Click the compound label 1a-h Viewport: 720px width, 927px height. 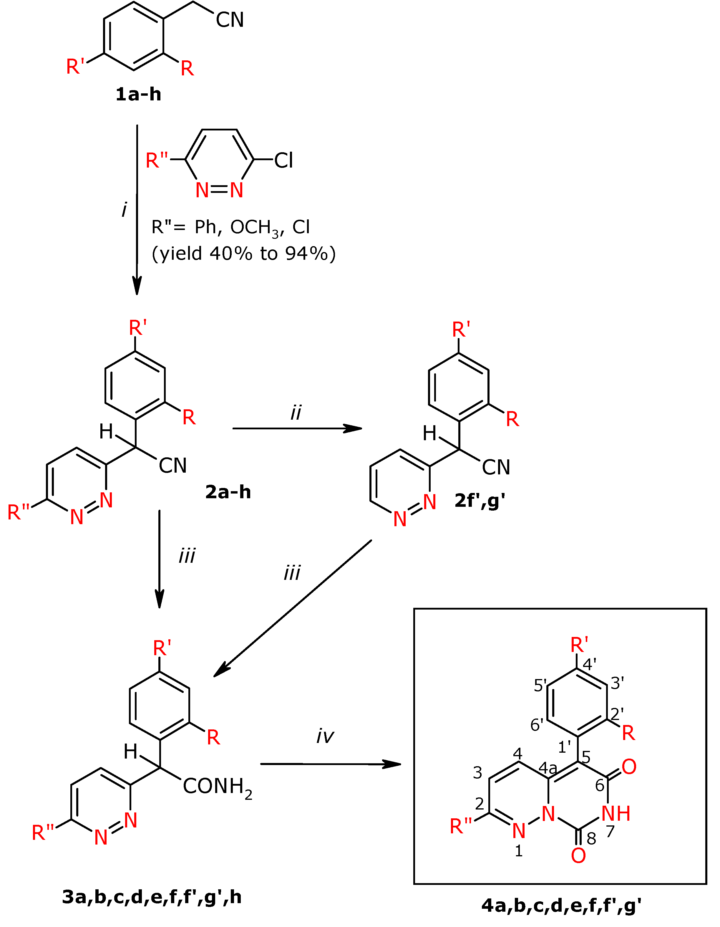click(138, 94)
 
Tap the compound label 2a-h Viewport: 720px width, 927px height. click(228, 492)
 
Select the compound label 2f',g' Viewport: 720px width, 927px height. click(480, 501)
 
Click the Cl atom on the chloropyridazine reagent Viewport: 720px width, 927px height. click(283, 160)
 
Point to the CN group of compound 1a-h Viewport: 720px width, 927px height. click(230, 20)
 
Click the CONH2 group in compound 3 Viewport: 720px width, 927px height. click(217, 787)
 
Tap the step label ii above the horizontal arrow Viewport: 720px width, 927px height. click(296, 413)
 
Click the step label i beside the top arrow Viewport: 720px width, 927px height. click(124, 209)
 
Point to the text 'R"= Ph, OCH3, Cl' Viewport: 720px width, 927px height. click(231, 228)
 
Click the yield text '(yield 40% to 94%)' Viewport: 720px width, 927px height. click(243, 254)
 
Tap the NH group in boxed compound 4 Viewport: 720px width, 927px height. click(616, 813)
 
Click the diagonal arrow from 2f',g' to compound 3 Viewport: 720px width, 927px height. click(293, 608)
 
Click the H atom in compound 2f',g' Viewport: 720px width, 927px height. click(429, 433)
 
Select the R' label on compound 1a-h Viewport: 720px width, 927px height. click(76, 67)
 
